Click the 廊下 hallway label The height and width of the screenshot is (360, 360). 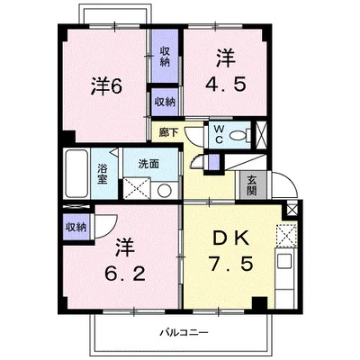pyautogui.click(x=167, y=132)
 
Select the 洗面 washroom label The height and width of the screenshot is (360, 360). pyautogui.click(x=148, y=165)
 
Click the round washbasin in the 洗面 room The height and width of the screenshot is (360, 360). pyautogui.click(x=165, y=190)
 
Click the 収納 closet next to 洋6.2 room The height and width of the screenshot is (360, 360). pyautogui.click(x=75, y=227)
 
